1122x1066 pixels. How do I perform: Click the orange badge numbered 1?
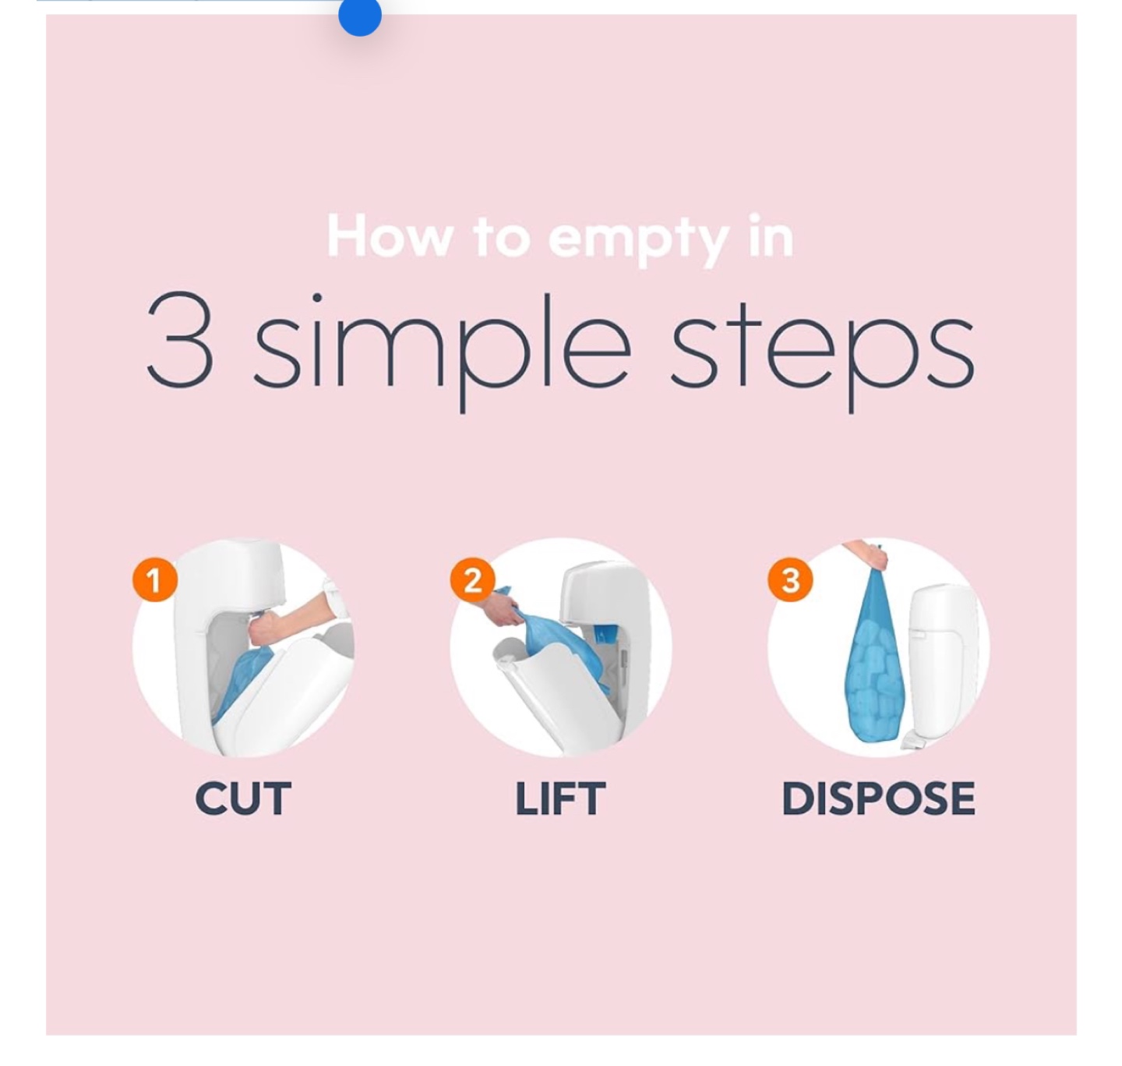(x=155, y=580)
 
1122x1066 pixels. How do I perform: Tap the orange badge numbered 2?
(x=472, y=580)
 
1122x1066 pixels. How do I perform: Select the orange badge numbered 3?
(x=790, y=580)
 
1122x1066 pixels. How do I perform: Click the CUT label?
(x=243, y=799)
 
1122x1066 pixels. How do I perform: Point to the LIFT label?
(x=560, y=799)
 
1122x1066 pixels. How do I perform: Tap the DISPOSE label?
(x=878, y=799)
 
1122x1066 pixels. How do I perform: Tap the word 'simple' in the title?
(x=443, y=352)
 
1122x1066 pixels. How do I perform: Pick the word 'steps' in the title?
(x=822, y=353)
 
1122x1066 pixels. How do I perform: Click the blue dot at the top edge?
(x=359, y=15)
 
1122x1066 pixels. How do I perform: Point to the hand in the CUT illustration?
(x=268, y=630)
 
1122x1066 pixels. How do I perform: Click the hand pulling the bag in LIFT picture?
(x=503, y=607)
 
